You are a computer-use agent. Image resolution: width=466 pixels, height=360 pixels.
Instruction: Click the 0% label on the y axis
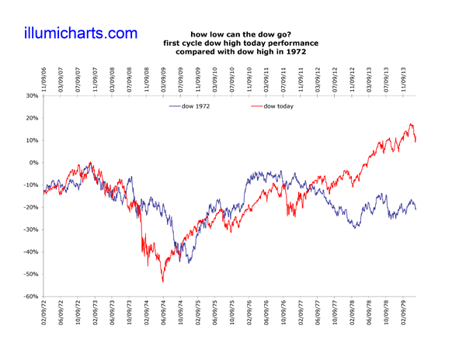pyautogui.click(x=33, y=163)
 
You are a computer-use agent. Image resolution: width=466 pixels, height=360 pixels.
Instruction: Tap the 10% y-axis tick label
pyautogui.click(x=30, y=140)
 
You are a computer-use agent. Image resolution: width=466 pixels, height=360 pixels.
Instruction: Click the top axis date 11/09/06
pyautogui.click(x=44, y=78)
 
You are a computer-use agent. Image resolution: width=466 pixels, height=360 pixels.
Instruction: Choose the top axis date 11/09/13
pyautogui.click(x=404, y=78)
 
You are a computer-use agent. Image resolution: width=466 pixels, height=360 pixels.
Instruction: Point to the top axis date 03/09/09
pyautogui.click(x=164, y=78)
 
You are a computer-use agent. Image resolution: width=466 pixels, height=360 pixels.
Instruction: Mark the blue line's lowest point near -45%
pyautogui.click(x=190, y=262)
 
